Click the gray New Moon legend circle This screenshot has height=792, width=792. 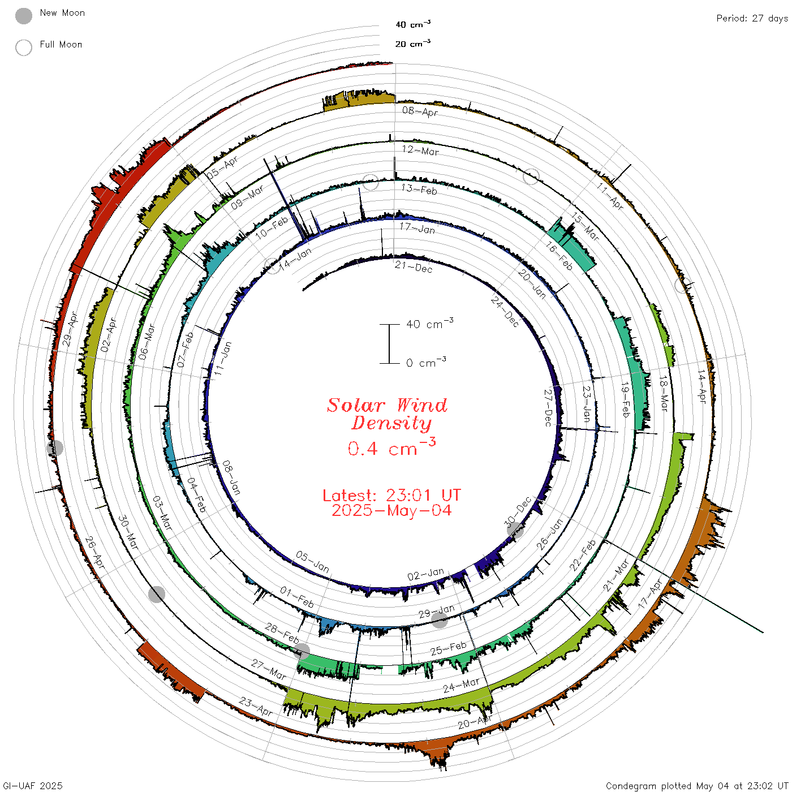click(23, 16)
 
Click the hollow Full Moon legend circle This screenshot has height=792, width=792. click(23, 48)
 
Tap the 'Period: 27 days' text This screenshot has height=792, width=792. click(752, 19)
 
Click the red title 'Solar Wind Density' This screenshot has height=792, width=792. click(387, 414)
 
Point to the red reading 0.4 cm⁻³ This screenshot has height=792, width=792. click(391, 447)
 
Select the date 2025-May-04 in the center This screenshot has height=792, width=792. click(391, 510)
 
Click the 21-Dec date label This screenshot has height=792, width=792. click(414, 267)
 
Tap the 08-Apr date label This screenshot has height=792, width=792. click(420, 111)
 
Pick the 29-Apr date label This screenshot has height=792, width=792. click(70, 329)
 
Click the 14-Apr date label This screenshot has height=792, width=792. click(701, 387)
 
